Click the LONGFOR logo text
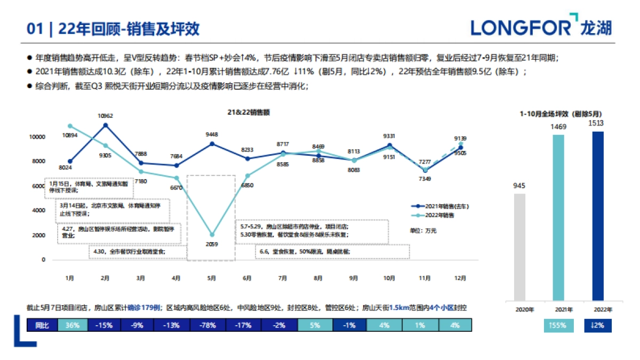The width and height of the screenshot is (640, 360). tap(521, 27)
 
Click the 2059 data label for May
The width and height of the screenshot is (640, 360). tap(211, 244)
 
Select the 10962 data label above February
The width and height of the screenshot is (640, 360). tap(105, 116)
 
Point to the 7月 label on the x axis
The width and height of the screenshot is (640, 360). tap(283, 278)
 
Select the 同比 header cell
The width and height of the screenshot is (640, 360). tap(42, 325)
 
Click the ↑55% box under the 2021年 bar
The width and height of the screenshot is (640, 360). tap(558, 325)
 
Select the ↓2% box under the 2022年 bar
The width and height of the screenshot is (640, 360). tap(598, 325)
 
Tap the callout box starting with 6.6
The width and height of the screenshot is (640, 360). tap(332, 251)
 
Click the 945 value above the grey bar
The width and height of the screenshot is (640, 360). tap(519, 186)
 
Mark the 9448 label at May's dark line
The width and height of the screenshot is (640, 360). tap(212, 134)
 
